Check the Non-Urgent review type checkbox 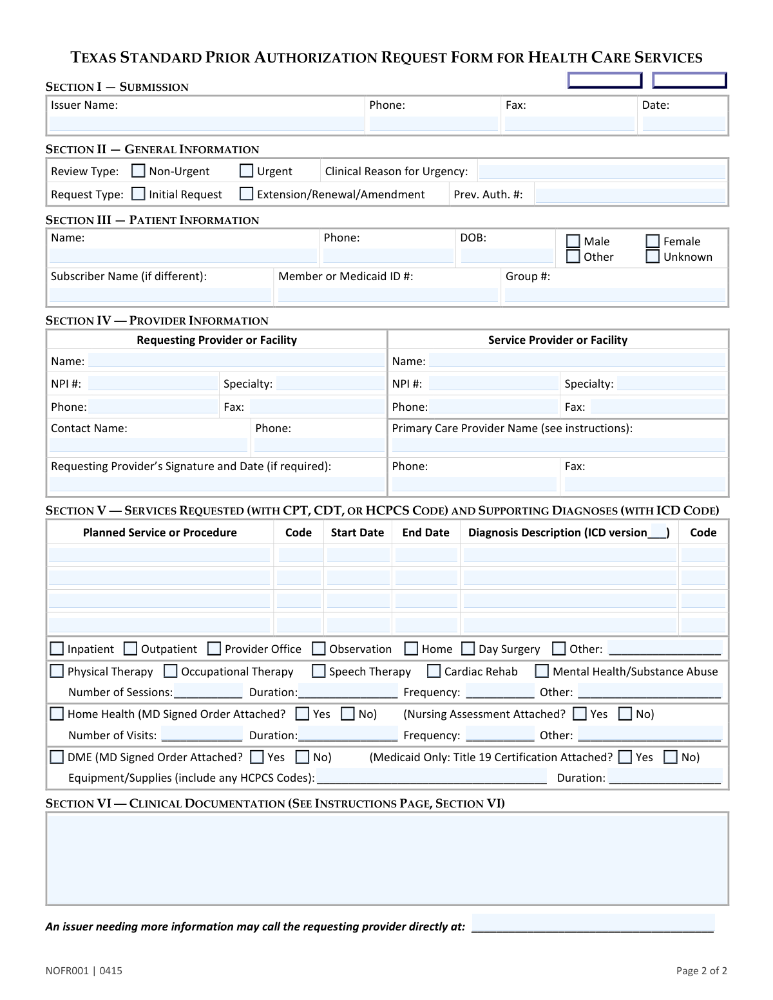(x=138, y=171)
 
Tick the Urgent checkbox (x=246, y=171)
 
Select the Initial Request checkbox (x=138, y=194)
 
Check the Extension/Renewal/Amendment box (x=246, y=194)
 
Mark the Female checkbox (x=653, y=241)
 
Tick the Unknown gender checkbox (x=653, y=257)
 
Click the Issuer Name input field (x=206, y=124)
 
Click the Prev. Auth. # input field (x=630, y=195)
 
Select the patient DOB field (x=506, y=256)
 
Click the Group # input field (x=615, y=295)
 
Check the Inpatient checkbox (x=57, y=648)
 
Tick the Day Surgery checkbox (x=468, y=648)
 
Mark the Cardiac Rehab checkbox (x=434, y=671)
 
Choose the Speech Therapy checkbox (x=318, y=671)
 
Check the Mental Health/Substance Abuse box (x=542, y=671)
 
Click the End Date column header (x=425, y=533)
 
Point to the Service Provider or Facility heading (x=557, y=340)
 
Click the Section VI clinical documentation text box (x=386, y=858)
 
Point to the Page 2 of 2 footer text (x=701, y=970)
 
